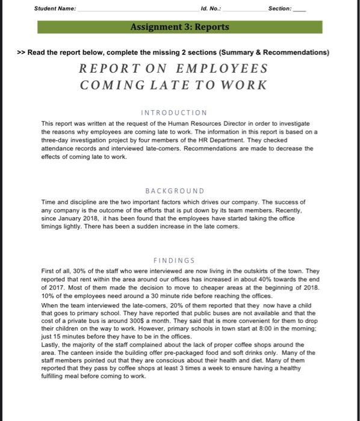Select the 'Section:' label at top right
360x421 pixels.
[x=279, y=9]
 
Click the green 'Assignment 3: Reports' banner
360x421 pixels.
[x=179, y=27]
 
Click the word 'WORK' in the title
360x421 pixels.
[x=244, y=85]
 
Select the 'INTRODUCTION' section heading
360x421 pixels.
[x=175, y=112]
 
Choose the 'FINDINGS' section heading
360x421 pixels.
[x=175, y=260]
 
